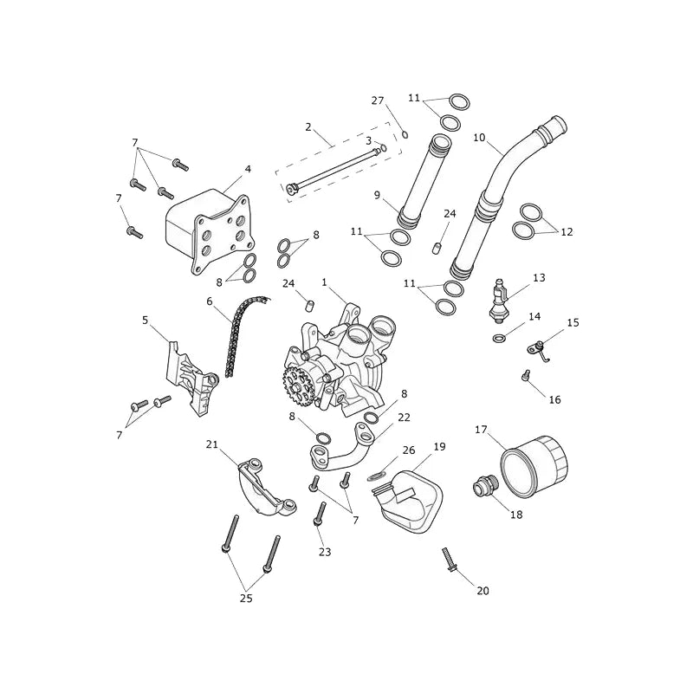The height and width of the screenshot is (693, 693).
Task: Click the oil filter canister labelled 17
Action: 534,465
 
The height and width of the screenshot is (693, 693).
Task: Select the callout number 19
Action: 439,447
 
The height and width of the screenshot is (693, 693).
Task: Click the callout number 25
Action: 246,599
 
